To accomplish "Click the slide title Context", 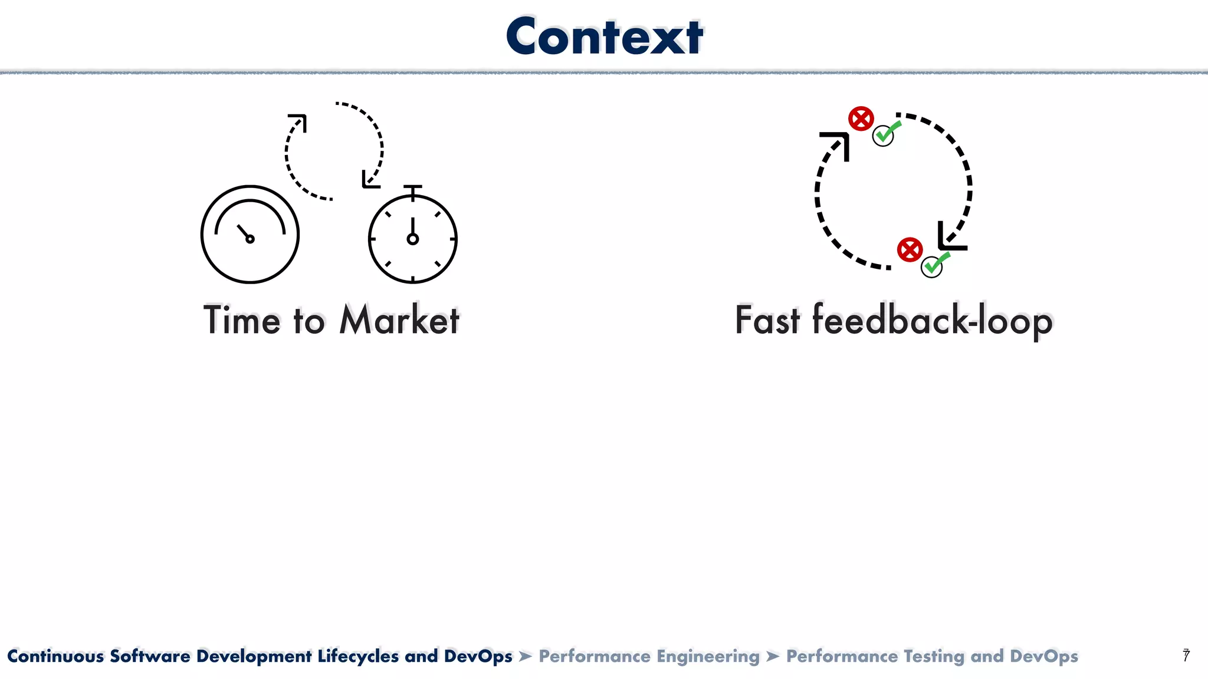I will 604,37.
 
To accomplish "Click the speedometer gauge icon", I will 250,235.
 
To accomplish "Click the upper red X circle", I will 861,119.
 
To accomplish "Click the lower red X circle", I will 910,250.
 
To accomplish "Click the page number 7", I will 1186,655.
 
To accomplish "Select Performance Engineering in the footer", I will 649,656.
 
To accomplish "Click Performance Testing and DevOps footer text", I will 932,656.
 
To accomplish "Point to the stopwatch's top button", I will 413,187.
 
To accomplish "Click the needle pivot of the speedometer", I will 250,239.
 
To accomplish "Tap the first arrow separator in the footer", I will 526,656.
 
